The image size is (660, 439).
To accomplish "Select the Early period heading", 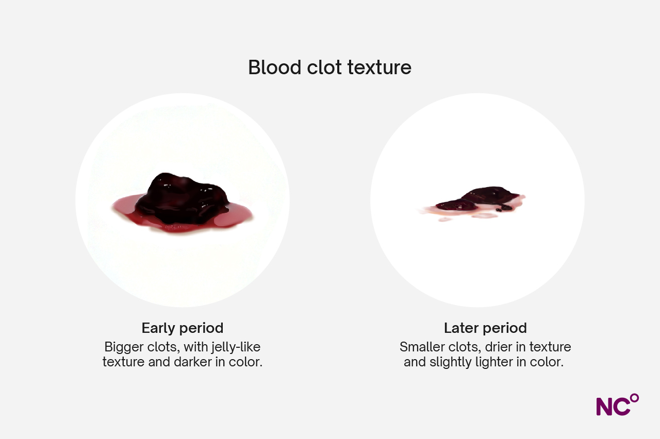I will pyautogui.click(x=183, y=328).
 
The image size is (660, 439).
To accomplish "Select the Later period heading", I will pyautogui.click(x=485, y=328).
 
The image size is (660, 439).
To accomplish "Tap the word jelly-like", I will pyautogui.click(x=236, y=347).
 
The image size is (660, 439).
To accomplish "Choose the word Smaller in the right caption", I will pyautogui.click(x=421, y=347).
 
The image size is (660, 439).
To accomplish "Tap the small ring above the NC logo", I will pyautogui.click(x=634, y=398).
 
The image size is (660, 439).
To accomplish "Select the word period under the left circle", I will pyautogui.click(x=202, y=328).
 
